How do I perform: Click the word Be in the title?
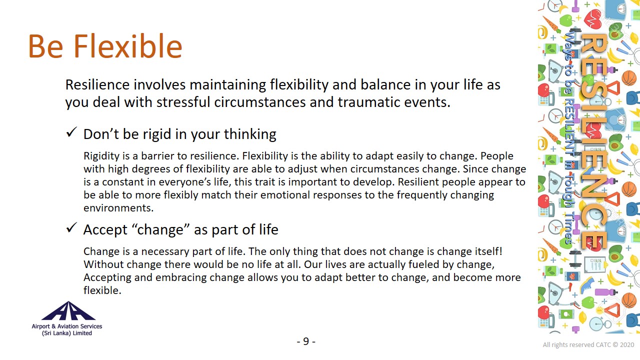45,46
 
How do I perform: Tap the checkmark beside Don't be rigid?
71,132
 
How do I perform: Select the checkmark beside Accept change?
71,227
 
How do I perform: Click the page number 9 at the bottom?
306,341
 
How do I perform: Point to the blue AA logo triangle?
68,311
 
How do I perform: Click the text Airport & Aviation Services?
67,326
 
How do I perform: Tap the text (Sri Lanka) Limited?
67,333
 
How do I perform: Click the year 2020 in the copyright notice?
627,345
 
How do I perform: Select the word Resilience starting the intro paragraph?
97,84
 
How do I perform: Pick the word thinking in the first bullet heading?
250,134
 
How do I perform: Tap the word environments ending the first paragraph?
118,208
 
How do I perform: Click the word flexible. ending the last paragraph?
102,290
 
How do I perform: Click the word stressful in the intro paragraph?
183,102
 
